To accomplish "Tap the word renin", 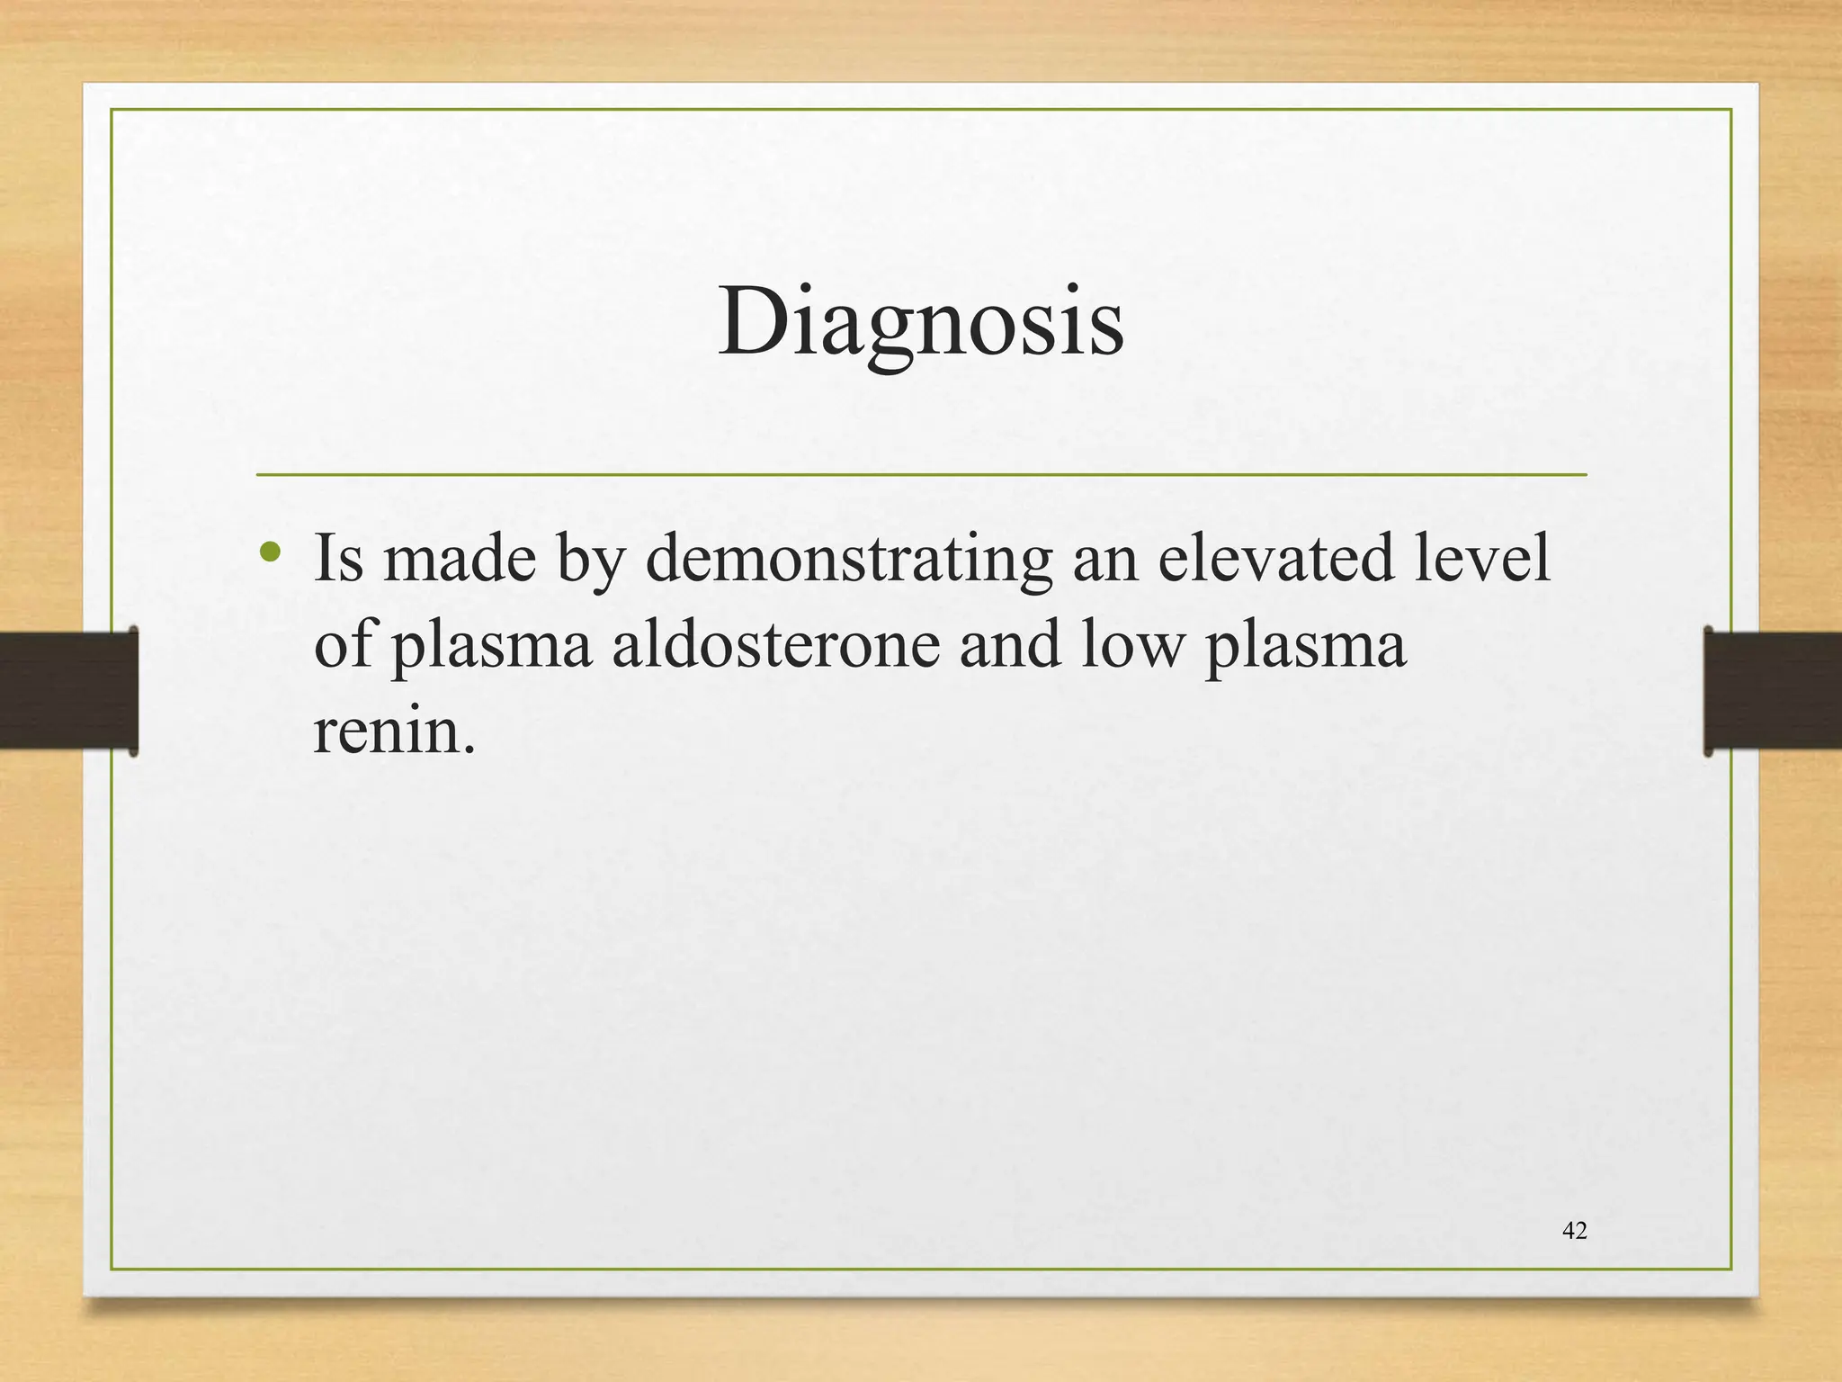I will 392,731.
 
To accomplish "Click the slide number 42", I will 1575,1231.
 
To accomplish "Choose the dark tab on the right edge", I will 1772,691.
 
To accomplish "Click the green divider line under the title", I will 921,474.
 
